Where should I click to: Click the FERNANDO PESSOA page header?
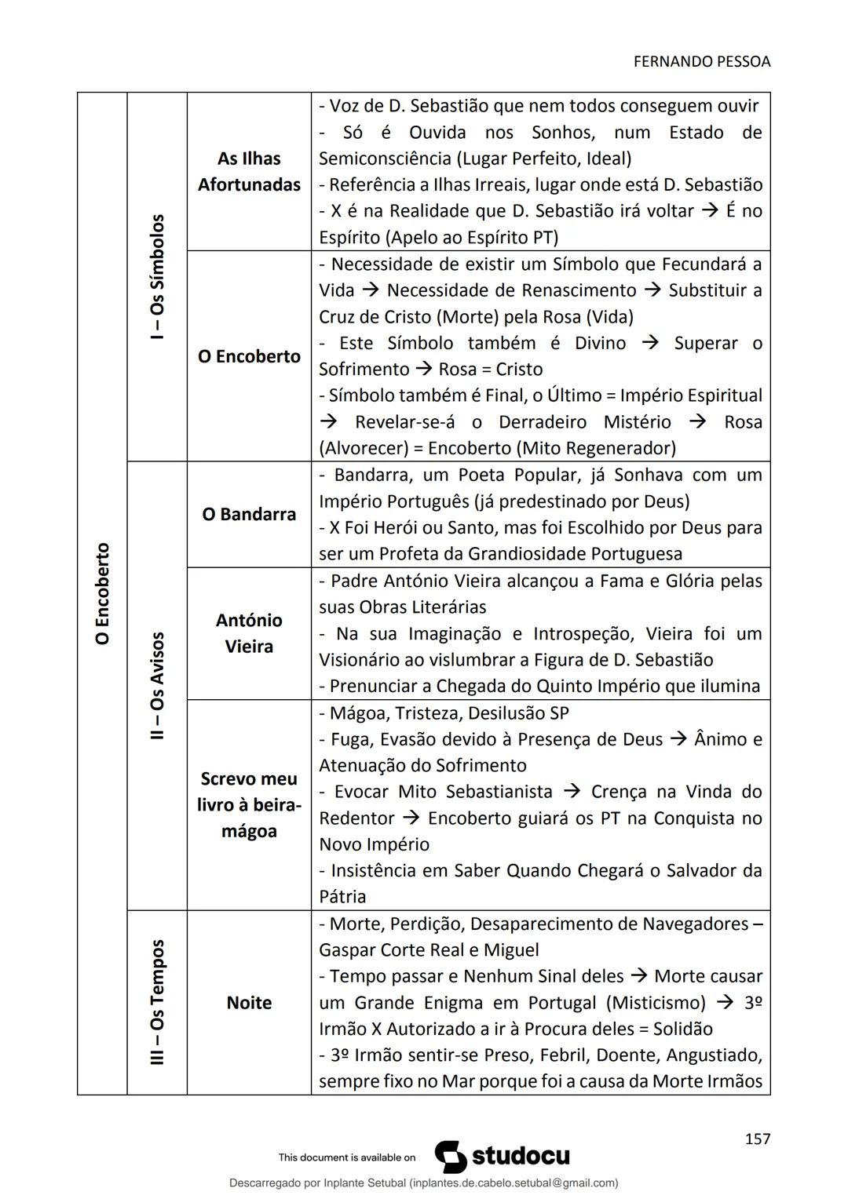click(x=701, y=62)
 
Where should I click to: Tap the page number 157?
click(x=757, y=1139)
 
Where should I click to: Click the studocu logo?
click(x=503, y=1157)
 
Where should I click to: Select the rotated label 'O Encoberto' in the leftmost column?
click(x=102, y=593)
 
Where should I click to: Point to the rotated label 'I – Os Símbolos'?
click(x=157, y=276)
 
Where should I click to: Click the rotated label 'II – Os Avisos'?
click(x=157, y=686)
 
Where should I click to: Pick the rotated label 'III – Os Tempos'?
click(x=157, y=1002)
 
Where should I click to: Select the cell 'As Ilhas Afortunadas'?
click(x=249, y=171)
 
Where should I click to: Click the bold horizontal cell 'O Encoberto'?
click(x=249, y=356)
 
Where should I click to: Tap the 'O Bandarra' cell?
click(x=249, y=514)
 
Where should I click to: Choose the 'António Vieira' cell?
click(x=249, y=633)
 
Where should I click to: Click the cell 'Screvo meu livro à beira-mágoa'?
click(x=249, y=804)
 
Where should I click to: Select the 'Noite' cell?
click(x=249, y=1002)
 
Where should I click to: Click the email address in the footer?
click(x=514, y=1183)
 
